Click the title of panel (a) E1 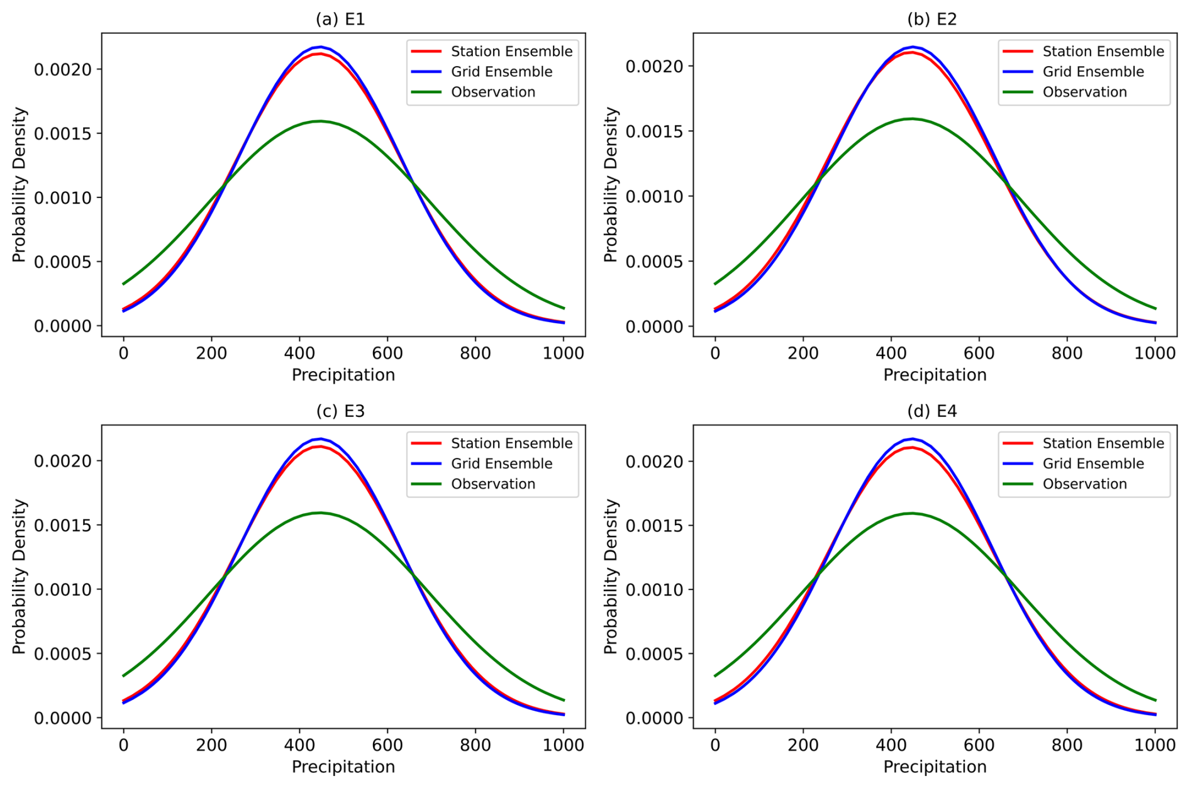(340, 19)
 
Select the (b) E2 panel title (931, 19)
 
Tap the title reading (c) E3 (340, 411)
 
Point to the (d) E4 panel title (931, 411)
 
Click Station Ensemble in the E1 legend (511, 52)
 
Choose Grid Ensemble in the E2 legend (1093, 72)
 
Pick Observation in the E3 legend (493, 484)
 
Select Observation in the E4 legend (1084, 484)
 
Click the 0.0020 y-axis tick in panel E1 (63, 69)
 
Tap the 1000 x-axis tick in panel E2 (1155, 353)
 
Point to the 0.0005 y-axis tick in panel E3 (63, 654)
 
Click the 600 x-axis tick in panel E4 (979, 745)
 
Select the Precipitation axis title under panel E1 (343, 375)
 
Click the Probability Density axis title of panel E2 (611, 184)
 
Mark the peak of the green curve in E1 (320, 121)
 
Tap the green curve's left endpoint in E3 (123, 676)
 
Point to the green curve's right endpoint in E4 (1155, 700)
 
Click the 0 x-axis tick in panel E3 (123, 745)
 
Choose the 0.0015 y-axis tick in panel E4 (654, 526)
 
